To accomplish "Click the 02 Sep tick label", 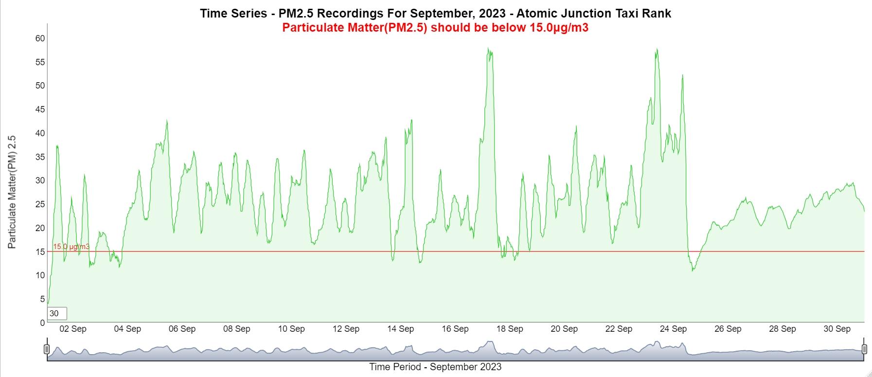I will (72, 329).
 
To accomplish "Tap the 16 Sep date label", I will (455, 329).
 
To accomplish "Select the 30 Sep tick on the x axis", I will (836, 329).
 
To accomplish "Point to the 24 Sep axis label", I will (673, 329).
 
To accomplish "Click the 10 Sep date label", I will (291, 329).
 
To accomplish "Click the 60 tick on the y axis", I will (40, 38).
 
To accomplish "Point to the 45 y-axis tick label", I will (40, 109).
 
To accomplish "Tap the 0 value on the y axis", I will (42, 323).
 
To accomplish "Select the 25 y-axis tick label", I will (40, 204).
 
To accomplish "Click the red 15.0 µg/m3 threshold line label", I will (71, 247).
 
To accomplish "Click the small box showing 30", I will (56, 314).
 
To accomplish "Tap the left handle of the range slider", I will (47, 349).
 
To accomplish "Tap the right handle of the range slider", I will (864, 349).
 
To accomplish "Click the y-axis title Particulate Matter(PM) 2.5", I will (12, 192).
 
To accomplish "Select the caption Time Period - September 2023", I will (435, 367).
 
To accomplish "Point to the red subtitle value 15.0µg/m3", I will (559, 27).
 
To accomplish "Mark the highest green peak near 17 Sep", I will (488, 48).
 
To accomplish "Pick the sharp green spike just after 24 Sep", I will (683, 75).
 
